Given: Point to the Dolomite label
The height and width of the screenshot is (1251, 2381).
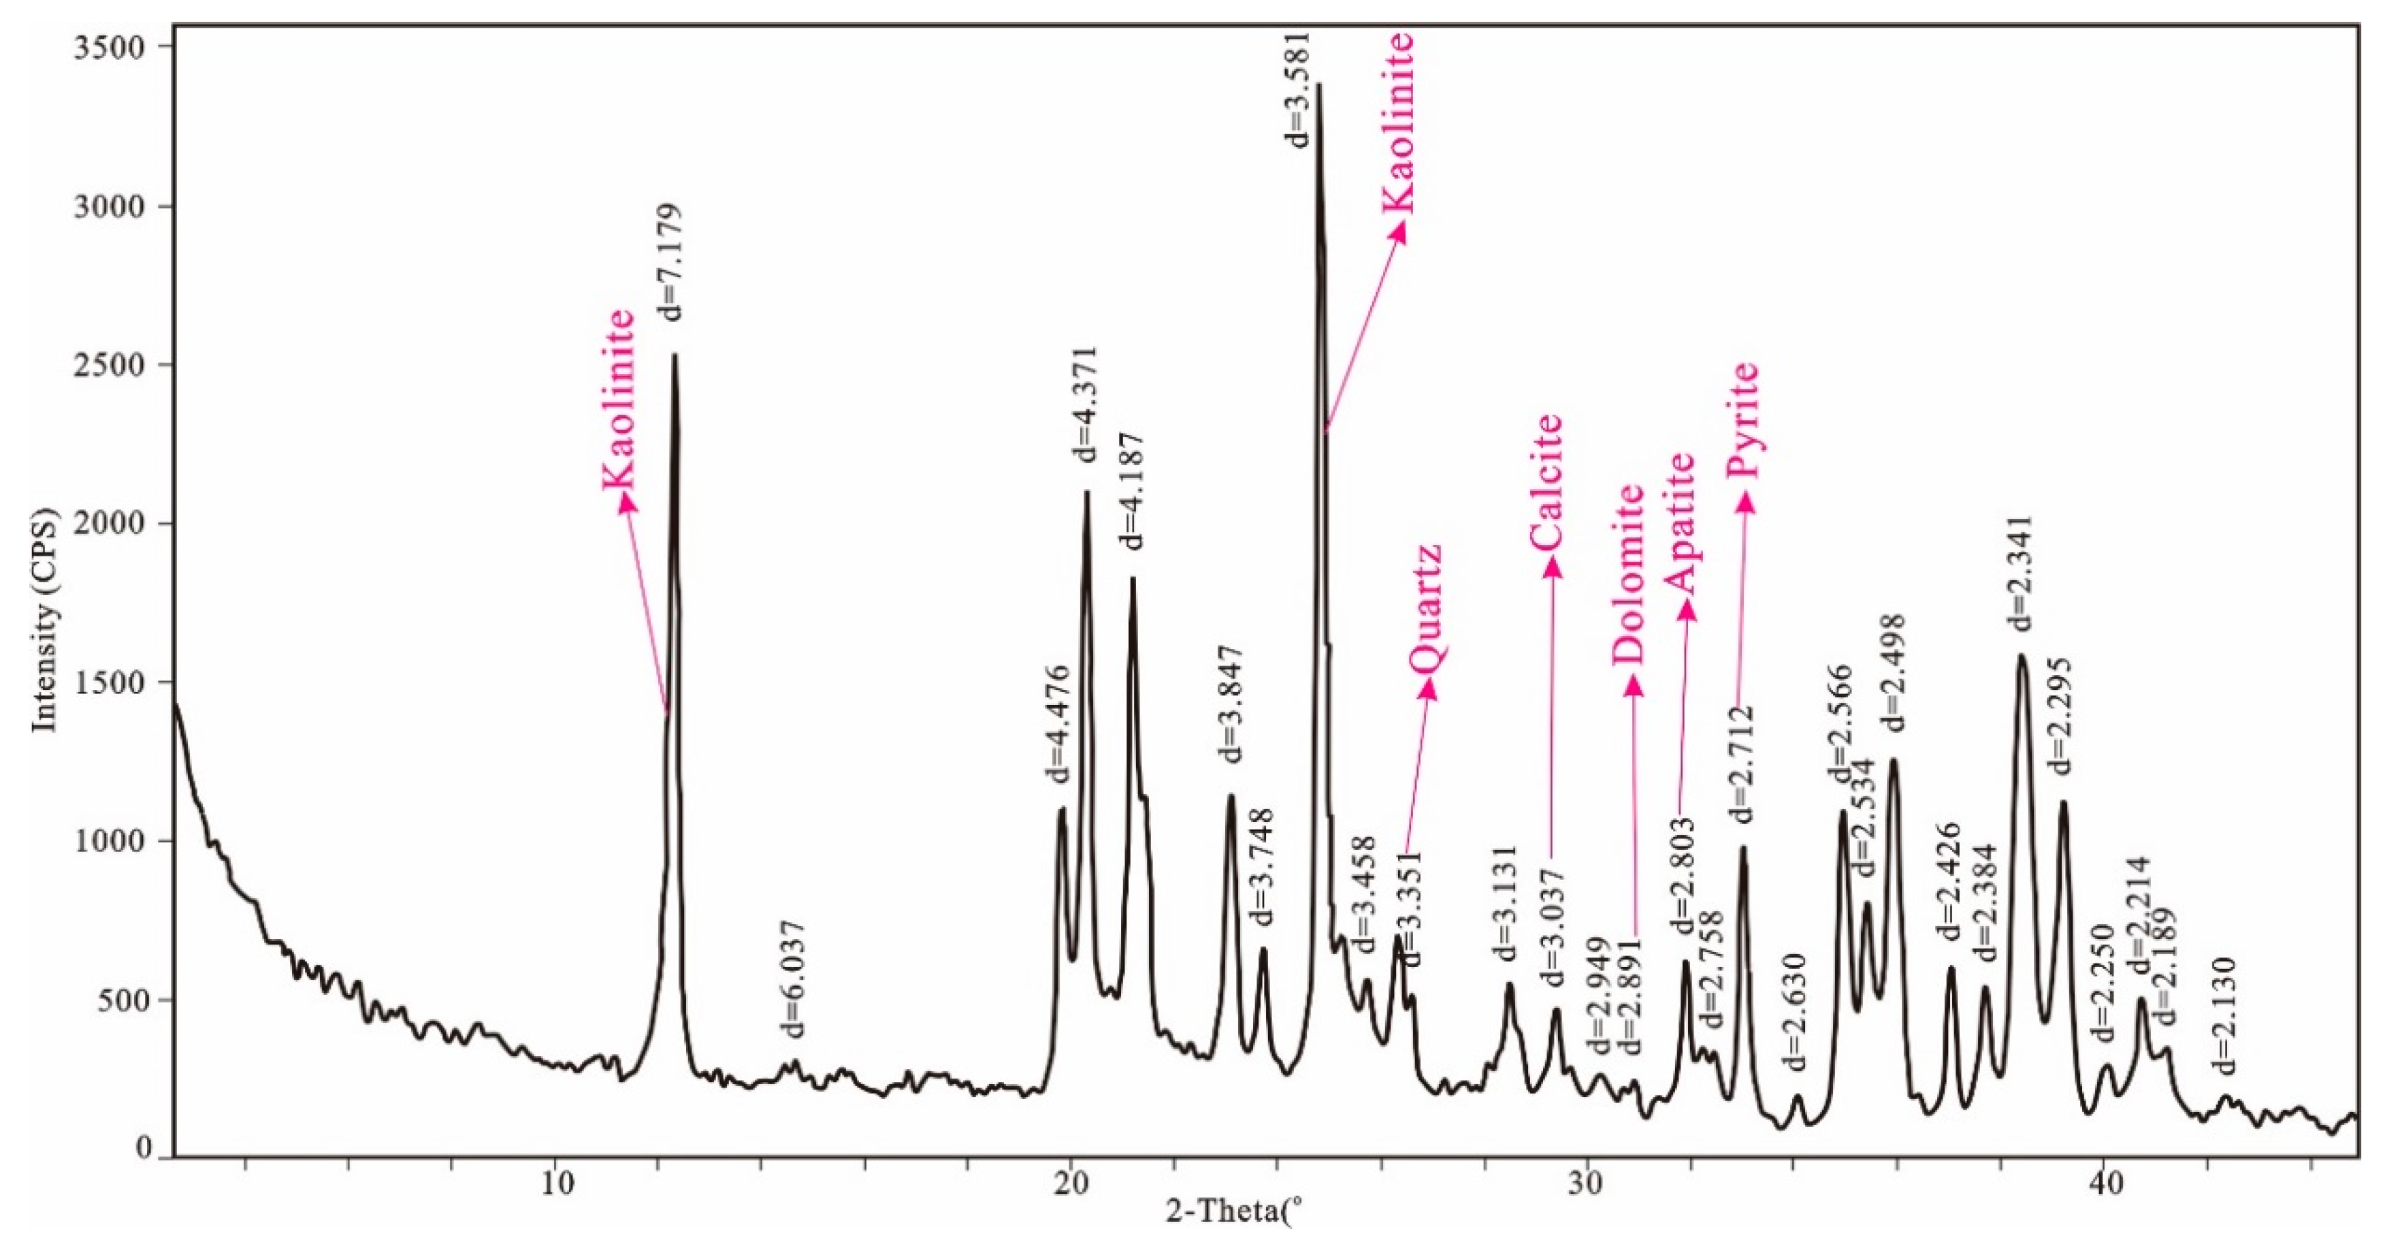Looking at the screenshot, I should (1629, 573).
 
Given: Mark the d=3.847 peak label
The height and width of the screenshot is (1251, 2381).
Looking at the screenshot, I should (1230, 703).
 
